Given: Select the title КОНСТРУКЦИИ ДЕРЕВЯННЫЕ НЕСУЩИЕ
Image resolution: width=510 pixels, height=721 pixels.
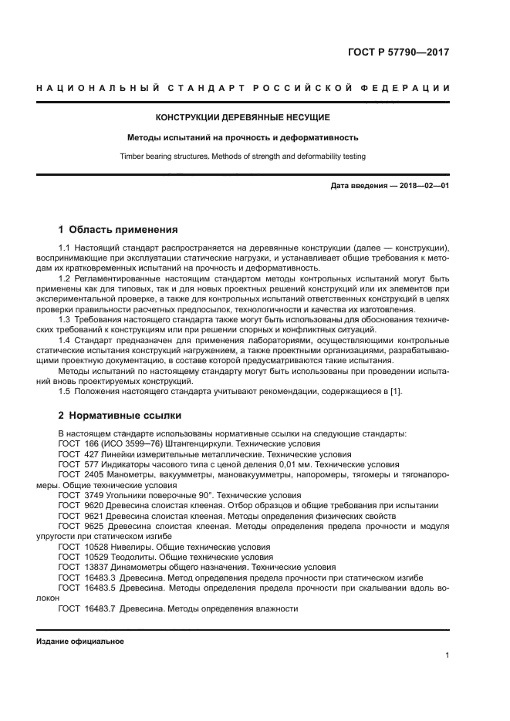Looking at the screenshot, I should click(243, 117).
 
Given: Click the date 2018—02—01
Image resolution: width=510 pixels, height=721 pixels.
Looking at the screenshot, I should click(424, 187).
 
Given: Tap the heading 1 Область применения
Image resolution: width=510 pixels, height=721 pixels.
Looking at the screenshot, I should click(118, 229).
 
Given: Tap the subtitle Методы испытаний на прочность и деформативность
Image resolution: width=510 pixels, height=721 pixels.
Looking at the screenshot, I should click(243, 138).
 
